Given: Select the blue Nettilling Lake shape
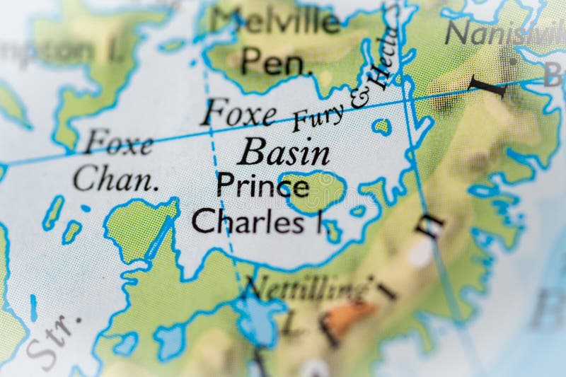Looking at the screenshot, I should pyautogui.click(x=258, y=315).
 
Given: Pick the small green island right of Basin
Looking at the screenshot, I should pyautogui.click(x=382, y=127).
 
